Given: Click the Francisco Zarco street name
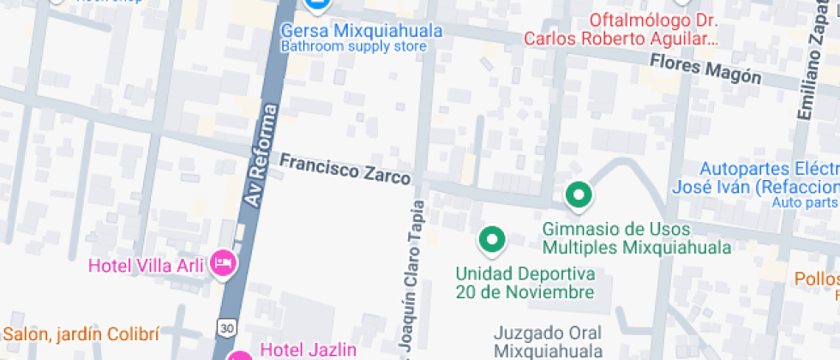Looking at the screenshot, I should (345, 168).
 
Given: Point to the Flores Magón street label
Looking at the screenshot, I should (705, 69).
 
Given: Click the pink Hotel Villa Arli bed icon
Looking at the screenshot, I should (224, 263).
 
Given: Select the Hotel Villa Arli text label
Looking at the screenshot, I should (147, 266).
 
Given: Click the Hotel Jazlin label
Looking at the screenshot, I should (308, 349).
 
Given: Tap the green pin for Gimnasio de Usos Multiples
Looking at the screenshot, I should (579, 196).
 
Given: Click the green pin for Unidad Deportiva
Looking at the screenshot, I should (492, 241).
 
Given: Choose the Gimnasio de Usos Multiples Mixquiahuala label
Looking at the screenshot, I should (636, 238).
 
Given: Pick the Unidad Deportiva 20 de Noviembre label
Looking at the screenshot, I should (525, 283).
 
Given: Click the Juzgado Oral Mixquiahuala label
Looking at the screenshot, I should (548, 341).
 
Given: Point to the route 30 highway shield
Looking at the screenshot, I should (225, 327).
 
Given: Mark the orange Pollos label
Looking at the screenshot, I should (816, 279).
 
